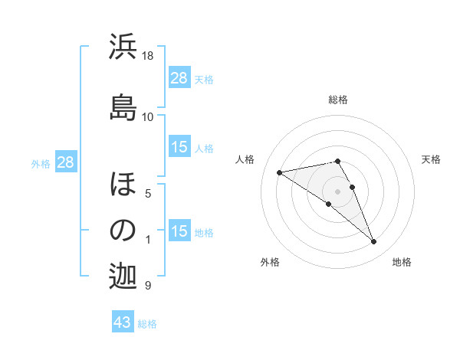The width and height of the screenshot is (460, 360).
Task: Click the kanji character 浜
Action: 123,48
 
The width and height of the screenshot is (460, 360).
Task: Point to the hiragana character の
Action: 123,231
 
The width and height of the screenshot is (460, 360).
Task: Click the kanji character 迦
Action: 123,277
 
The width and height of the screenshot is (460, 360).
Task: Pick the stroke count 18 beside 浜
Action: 148,56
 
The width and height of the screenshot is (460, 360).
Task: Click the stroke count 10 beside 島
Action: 148,116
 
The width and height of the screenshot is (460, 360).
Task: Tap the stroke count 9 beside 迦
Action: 147,286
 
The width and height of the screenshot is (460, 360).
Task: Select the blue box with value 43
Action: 123,322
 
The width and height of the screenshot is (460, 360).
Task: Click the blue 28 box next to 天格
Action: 179,78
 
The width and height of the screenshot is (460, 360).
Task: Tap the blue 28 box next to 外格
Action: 65,162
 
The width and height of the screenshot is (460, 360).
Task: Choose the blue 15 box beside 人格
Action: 179,147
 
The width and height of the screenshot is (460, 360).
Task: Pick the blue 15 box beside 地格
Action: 179,231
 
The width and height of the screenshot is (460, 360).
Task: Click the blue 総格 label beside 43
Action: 147,324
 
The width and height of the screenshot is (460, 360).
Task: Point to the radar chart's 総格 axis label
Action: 337,100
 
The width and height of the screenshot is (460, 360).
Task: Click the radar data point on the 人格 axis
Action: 280,172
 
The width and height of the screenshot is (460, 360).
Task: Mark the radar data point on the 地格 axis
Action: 373,242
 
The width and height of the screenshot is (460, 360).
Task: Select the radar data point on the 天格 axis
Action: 352,187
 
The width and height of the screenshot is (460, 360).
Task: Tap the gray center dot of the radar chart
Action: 337,191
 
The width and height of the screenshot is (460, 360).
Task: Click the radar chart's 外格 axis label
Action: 270,262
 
